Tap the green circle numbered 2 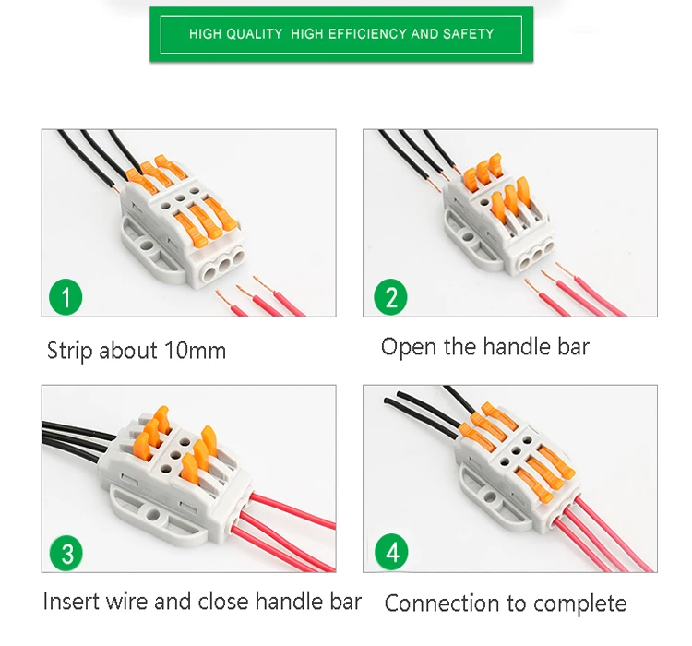[391, 297]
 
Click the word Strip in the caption [70, 351]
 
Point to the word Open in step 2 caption [407, 347]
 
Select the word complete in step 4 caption [580, 604]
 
